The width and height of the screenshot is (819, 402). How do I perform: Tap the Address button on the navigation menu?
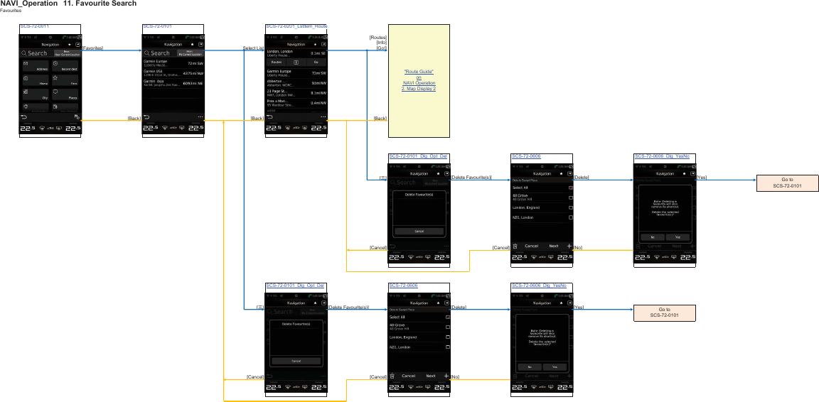[x=35, y=67]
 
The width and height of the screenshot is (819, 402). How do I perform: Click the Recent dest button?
[x=65, y=67]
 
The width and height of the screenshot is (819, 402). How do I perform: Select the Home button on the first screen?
[x=35, y=81]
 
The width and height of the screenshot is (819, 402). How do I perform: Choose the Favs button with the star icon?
[x=65, y=81]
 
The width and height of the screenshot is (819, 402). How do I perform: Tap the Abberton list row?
[x=296, y=83]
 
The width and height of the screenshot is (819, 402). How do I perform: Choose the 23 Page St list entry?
[x=296, y=92]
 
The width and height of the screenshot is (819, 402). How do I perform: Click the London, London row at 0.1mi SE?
[x=296, y=53]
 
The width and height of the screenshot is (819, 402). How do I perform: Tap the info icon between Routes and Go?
[x=296, y=63]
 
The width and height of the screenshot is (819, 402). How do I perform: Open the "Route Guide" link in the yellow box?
[x=419, y=72]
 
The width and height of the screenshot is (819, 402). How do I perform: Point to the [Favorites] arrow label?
[x=92, y=48]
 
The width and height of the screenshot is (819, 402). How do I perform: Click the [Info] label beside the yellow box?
[x=380, y=43]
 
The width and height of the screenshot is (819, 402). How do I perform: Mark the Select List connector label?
[x=253, y=48]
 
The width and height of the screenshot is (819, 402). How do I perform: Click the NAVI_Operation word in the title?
[x=29, y=4]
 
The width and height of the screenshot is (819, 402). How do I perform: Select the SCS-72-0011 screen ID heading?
[x=34, y=26]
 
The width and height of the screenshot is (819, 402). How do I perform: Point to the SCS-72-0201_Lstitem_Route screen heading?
[x=296, y=26]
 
